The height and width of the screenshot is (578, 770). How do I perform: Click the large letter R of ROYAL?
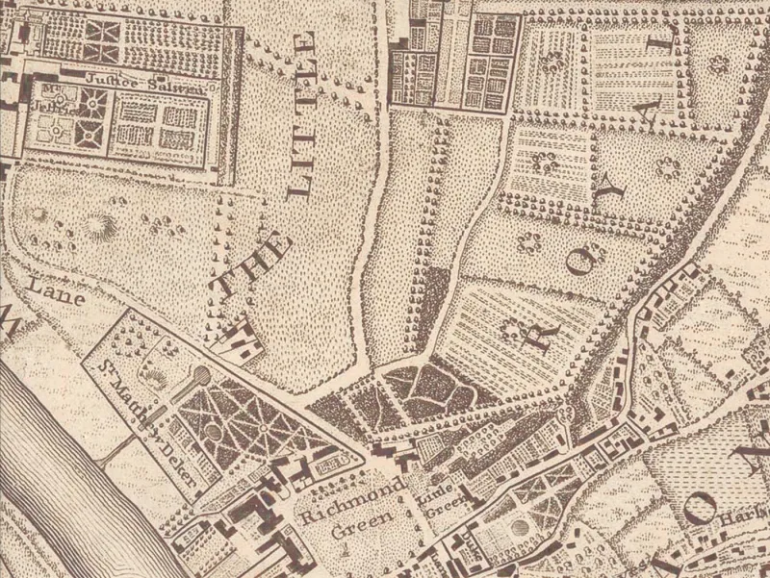coord(512,327)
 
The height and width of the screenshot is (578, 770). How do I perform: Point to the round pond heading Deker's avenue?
coord(200,375)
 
